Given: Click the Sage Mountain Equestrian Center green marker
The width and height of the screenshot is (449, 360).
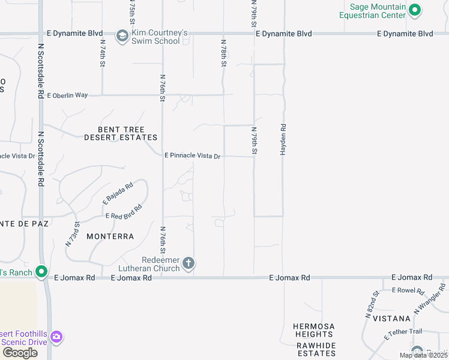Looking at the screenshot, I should (x=414, y=10).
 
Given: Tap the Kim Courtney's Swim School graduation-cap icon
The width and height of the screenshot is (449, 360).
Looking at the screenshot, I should (x=122, y=37).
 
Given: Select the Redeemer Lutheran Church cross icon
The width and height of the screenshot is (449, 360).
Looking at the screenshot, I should (x=188, y=263).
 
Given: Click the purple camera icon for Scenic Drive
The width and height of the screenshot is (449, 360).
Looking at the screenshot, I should (x=56, y=336).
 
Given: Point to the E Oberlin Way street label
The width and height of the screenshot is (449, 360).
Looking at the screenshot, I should (x=67, y=95).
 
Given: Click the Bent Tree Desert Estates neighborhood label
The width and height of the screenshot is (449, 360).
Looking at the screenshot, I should (x=121, y=133).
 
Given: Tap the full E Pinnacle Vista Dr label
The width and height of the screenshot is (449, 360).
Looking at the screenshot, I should (x=193, y=155).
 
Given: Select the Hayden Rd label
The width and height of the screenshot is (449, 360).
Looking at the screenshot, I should (x=283, y=140).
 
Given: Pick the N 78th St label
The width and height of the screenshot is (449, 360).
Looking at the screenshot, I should (x=223, y=53).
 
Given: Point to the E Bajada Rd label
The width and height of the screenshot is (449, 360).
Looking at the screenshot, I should (x=117, y=193).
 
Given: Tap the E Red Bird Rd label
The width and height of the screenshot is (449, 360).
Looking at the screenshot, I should (x=123, y=212).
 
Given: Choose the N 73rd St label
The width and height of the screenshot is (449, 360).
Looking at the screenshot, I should (x=73, y=234).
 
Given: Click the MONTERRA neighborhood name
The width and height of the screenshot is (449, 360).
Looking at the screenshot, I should (x=110, y=236).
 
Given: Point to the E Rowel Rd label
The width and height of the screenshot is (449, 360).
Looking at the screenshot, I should (x=408, y=290).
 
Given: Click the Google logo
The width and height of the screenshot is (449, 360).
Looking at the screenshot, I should (x=20, y=353).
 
